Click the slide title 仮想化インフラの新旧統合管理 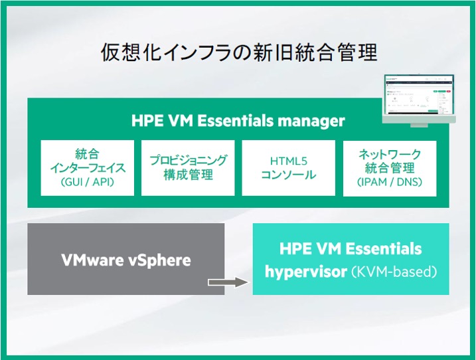(238, 54)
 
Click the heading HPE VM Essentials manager (238, 121)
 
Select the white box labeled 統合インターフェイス (87, 167)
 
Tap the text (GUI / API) (87, 181)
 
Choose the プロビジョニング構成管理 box (188, 167)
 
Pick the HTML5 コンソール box (288, 167)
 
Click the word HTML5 (288, 161)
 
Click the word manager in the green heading (311, 121)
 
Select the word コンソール (288, 175)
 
